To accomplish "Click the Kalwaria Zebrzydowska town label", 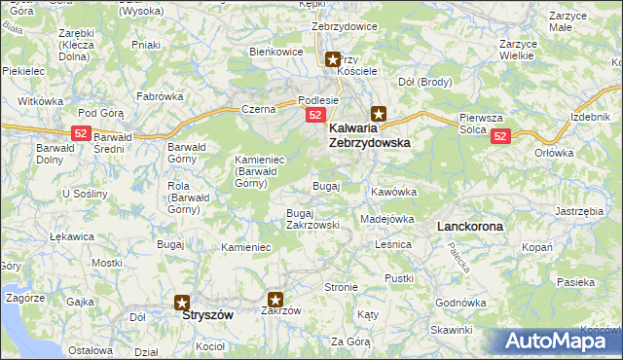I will [x=369, y=134].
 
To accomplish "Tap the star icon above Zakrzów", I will [x=276, y=301].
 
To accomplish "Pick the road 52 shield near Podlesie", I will [x=315, y=115].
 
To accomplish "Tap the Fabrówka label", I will [x=161, y=96].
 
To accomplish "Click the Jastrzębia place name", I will [x=580, y=210].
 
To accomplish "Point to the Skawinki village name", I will [x=451, y=330].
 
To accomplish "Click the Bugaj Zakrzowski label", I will [x=312, y=218].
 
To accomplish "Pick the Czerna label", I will [x=259, y=110].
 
